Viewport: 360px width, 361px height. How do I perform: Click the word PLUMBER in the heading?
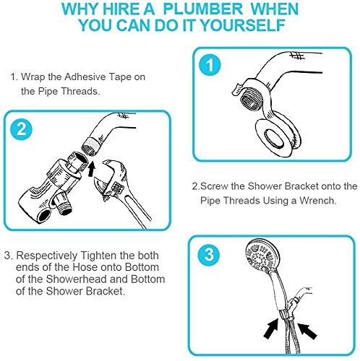point(203,9)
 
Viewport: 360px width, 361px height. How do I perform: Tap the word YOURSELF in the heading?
point(243,25)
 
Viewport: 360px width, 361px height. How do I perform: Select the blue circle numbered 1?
point(210,65)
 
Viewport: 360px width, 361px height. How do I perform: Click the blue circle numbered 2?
point(22,129)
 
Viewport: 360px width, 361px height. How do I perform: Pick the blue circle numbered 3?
point(209,254)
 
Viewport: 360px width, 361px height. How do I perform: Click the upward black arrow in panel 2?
point(92,169)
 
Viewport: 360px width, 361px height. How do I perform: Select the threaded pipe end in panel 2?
point(90,147)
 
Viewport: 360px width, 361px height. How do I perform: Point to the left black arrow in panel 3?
point(271,329)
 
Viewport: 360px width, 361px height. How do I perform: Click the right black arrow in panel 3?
point(307,331)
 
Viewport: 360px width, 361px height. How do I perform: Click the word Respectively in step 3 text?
point(47,256)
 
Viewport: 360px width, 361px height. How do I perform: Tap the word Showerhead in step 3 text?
point(76,279)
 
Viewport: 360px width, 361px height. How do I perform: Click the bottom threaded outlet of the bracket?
point(63,204)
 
